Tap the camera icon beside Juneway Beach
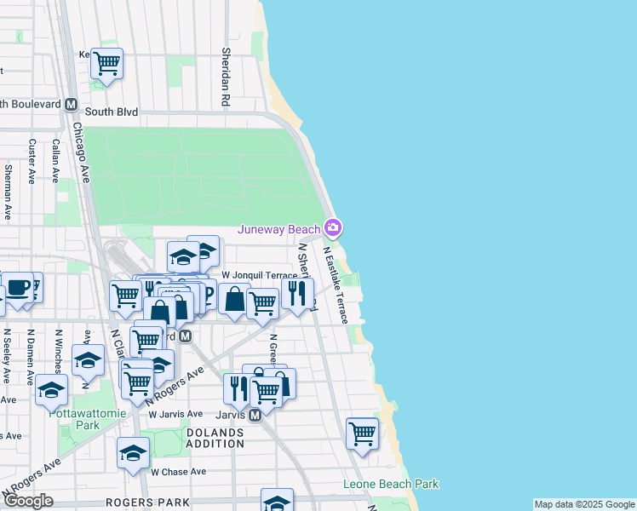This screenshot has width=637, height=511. point(333,228)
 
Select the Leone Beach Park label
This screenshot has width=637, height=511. point(391,484)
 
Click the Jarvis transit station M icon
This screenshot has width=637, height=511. point(255,416)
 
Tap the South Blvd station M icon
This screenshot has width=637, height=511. point(72,104)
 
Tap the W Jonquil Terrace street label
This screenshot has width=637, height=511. point(259,276)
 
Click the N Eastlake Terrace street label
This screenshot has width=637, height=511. point(335,285)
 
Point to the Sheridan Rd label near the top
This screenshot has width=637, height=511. point(226,76)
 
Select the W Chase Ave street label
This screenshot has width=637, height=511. point(178,471)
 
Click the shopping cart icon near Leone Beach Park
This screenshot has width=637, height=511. point(362,433)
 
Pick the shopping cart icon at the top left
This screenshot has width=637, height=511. point(106,64)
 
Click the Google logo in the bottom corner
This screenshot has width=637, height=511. point(27,501)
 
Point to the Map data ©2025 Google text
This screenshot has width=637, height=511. point(584,504)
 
